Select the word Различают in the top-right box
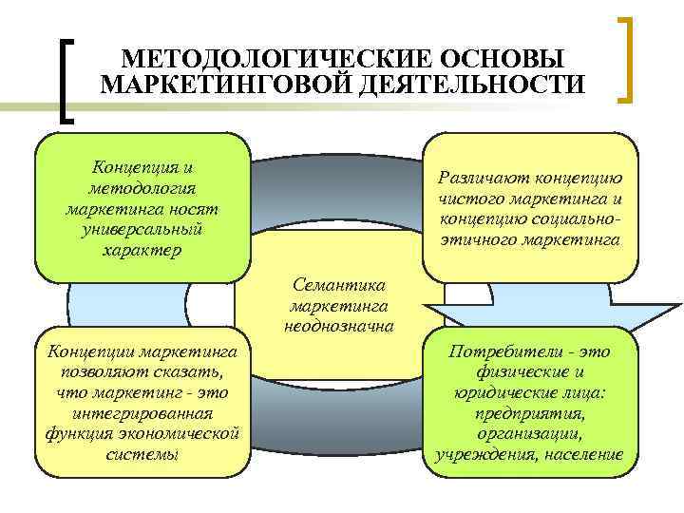(482, 179)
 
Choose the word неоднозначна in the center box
(339, 326)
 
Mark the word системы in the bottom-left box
(142, 455)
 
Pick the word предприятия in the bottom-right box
(528, 414)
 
